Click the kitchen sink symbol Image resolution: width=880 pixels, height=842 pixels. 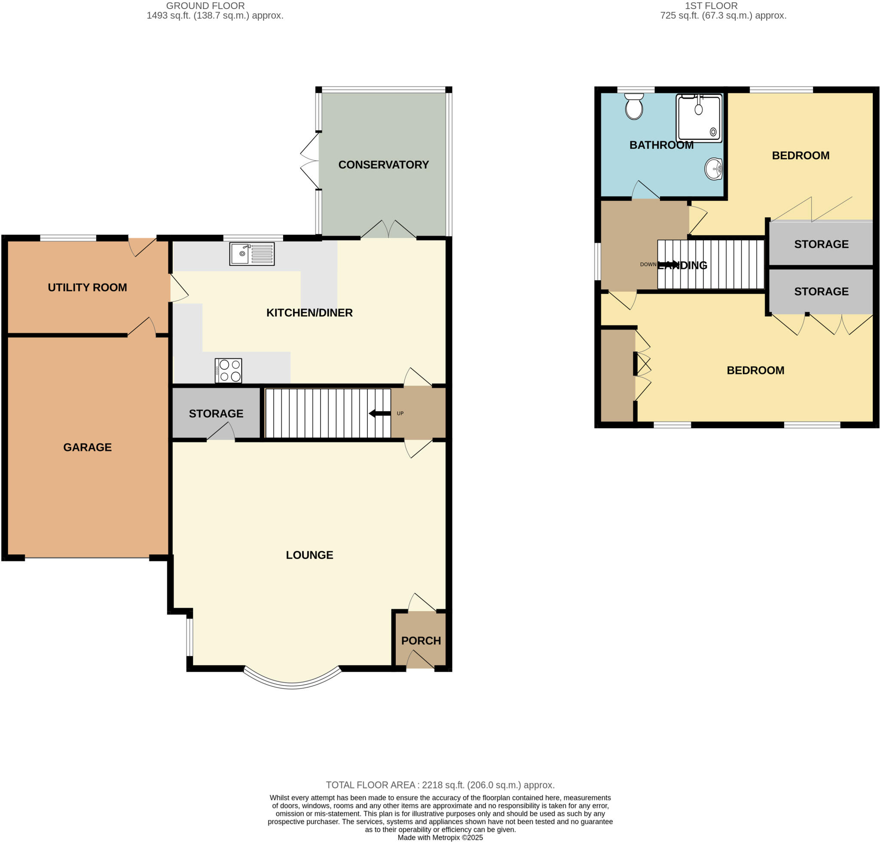[252, 254]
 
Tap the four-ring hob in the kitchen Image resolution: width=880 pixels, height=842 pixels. [229, 370]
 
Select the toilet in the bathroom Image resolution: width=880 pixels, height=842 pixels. [634, 106]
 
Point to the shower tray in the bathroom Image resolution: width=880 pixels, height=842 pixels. [699, 118]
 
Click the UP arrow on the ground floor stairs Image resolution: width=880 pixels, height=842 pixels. [380, 413]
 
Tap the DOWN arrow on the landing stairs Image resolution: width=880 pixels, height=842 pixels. [669, 264]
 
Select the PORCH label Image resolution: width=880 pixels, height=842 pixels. [421, 640]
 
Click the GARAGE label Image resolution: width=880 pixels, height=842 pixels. [87, 447]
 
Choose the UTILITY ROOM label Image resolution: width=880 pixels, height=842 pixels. [87, 287]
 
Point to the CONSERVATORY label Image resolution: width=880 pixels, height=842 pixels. [383, 165]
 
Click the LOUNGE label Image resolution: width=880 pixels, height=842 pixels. [309, 555]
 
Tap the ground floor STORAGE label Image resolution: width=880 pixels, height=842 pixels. [216, 413]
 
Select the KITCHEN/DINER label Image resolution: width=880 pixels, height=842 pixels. [309, 313]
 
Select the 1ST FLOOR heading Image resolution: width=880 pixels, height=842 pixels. [711, 6]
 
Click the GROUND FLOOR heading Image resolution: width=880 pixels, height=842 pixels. [205, 6]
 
